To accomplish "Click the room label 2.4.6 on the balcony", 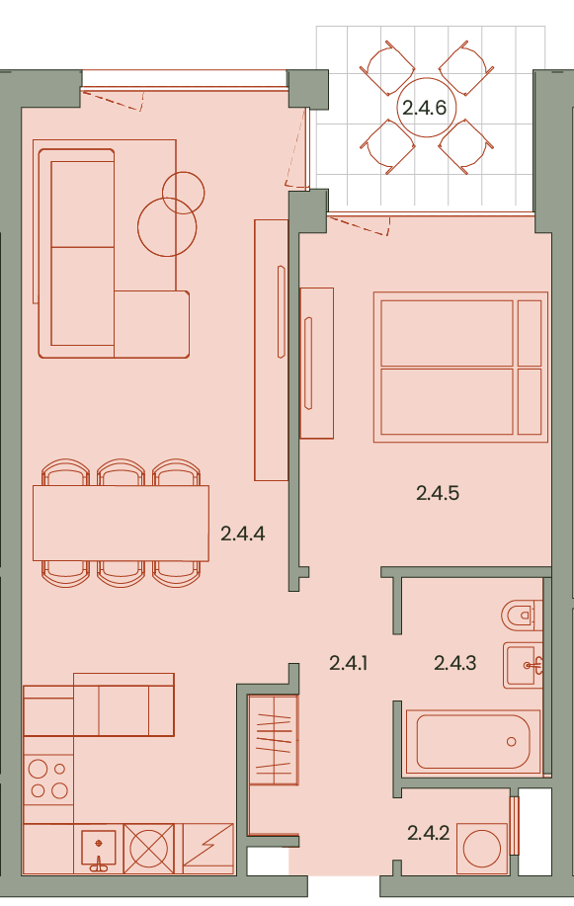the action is coord(424,108).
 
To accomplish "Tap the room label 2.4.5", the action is coord(438,493).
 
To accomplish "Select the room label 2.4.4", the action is coord(243,534).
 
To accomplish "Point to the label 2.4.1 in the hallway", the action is coord(348,663).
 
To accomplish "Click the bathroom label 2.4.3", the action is coord(454,663).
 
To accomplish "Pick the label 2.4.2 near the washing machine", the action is coord(429,833).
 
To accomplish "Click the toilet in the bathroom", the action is coord(522,616).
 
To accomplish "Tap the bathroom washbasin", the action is coord(524,665).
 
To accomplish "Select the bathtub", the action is coord(473,742).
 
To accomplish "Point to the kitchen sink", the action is coord(98,849).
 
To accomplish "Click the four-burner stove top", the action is coord(48,780).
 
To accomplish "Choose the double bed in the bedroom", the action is coord(460,367).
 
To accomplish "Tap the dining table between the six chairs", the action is coord(121,523).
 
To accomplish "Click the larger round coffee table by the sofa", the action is coord(167,227).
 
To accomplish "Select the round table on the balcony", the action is coord(426,108).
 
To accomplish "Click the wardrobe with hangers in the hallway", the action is coord(274,740).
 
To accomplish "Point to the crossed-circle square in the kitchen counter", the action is coord(148,849).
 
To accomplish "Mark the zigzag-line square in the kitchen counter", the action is coord(208,849).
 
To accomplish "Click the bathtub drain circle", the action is coord(511,742).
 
